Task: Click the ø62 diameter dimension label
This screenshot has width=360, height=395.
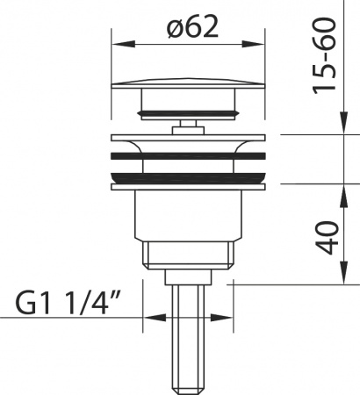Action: click(x=193, y=26)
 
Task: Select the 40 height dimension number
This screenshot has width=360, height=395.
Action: click(x=328, y=238)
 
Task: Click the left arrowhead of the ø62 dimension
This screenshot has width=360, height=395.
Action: click(x=123, y=45)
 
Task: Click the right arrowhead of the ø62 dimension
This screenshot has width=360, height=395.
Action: click(x=253, y=45)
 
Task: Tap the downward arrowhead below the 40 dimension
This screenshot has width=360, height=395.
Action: click(x=344, y=272)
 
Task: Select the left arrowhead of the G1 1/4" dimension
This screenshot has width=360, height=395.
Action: click(x=155, y=318)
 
